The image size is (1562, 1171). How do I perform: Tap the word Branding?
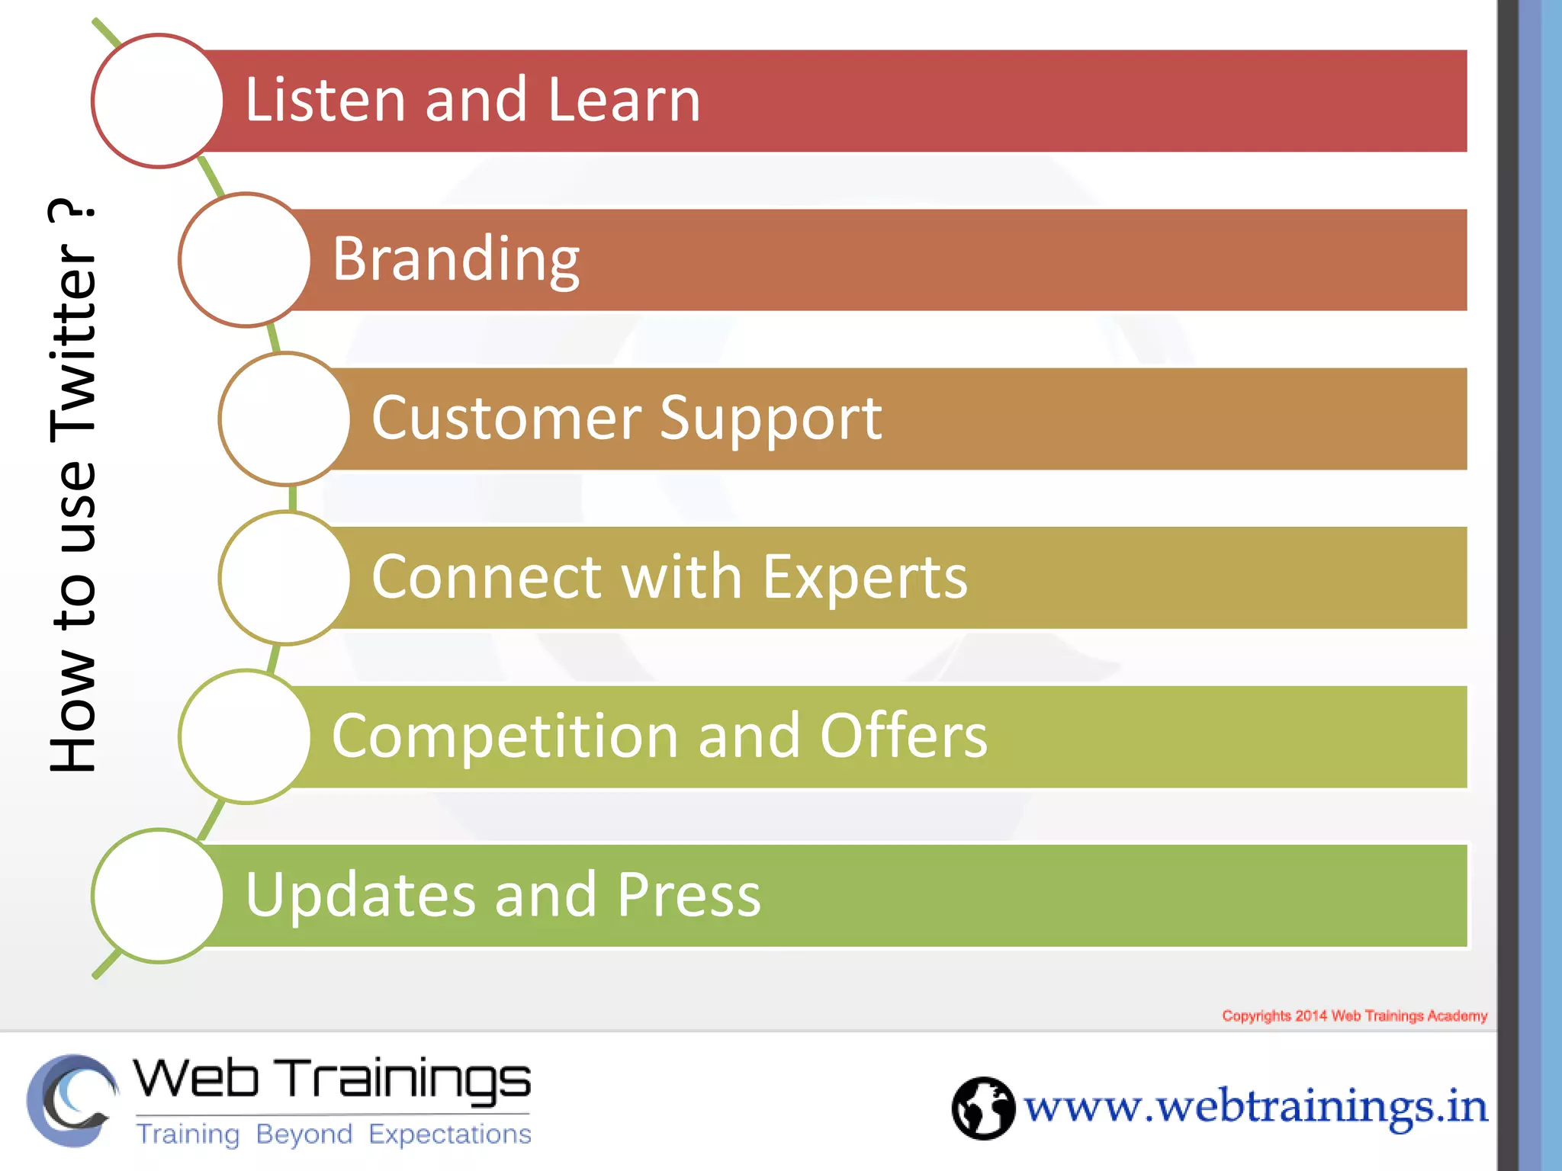(456, 260)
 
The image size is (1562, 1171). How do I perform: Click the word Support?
(770, 419)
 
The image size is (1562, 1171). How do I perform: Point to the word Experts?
(865, 577)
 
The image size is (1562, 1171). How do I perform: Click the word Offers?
(904, 736)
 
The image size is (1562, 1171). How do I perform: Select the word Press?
(689, 895)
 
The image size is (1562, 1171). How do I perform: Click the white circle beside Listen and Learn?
(158, 101)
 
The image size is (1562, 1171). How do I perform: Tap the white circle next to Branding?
(245, 260)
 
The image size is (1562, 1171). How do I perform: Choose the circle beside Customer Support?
(285, 419)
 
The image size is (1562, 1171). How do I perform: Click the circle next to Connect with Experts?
(285, 578)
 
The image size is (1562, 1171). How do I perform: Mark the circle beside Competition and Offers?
(245, 736)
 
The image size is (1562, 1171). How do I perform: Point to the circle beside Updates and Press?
(158, 896)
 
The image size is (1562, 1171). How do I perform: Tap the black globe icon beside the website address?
(983, 1108)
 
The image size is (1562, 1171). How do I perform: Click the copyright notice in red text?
(1355, 1015)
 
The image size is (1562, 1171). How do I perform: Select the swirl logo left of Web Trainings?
(72, 1100)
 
